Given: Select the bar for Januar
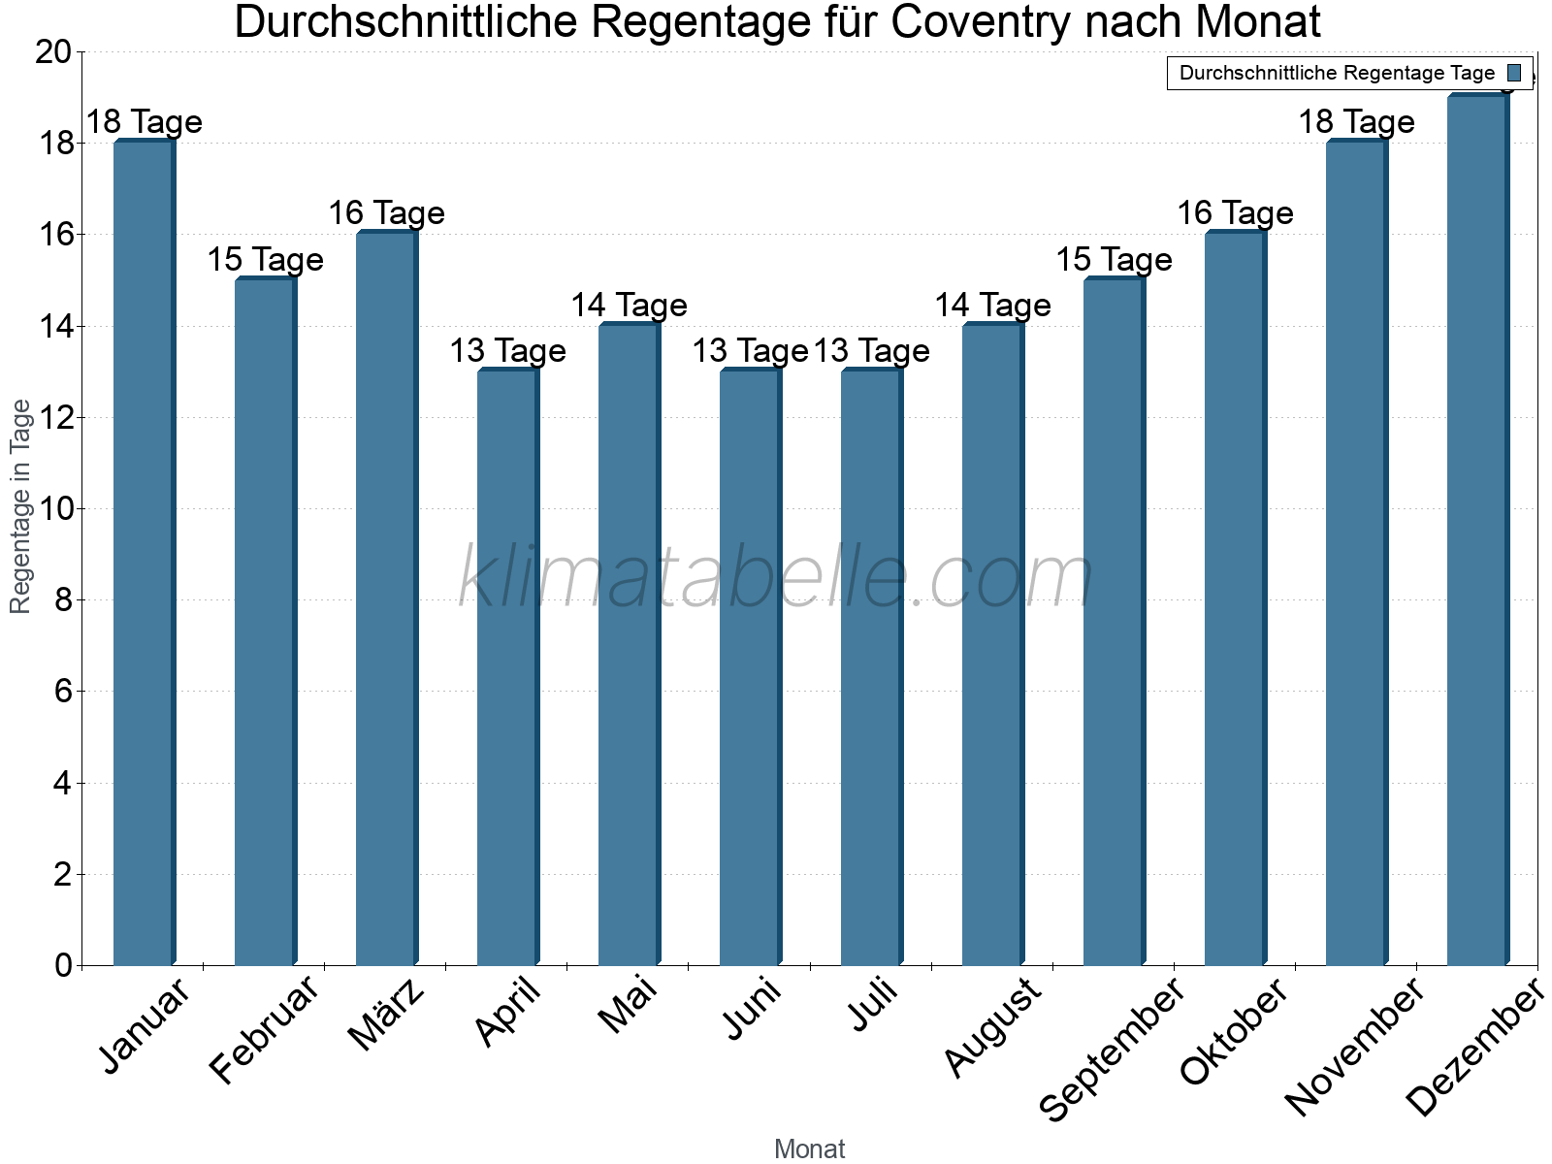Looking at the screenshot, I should click(144, 553).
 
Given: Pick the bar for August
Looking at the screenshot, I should click(992, 644).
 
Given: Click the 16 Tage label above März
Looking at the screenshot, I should click(386, 213).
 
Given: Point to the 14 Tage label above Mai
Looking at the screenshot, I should click(629, 306).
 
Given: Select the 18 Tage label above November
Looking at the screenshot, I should click(1356, 122).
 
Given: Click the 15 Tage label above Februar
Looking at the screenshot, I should click(265, 260).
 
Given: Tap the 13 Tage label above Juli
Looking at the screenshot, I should click(871, 351).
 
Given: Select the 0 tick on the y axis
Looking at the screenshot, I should click(64, 965).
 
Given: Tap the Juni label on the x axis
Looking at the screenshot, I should click(753, 1009).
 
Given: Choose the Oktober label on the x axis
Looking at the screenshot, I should click(1234, 1032).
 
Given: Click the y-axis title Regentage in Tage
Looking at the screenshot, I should click(20, 506).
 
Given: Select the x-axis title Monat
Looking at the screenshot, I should click(809, 1149).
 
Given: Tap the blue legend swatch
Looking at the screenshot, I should click(1514, 73).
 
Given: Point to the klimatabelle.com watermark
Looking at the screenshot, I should click(776, 577).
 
